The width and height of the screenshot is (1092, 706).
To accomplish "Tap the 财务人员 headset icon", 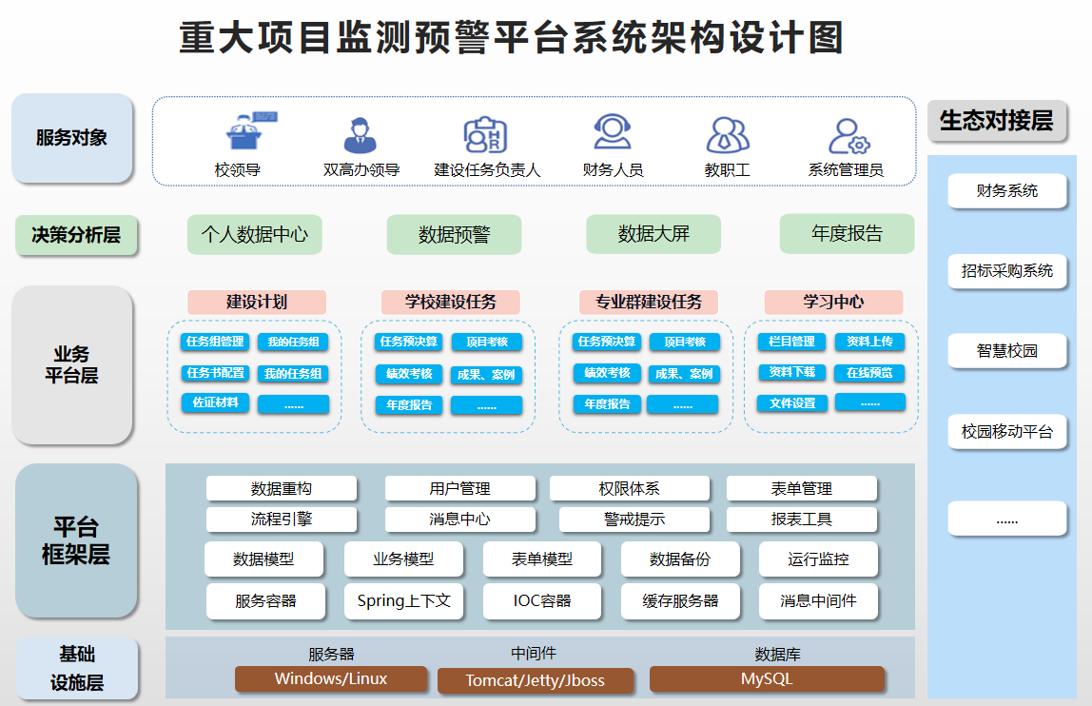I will coord(613,132).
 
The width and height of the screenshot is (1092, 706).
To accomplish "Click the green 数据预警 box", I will coord(454,234).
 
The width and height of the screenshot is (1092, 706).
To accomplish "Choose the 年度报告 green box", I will coord(847,233).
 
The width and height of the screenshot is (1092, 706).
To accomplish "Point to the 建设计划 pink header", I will coord(257,303).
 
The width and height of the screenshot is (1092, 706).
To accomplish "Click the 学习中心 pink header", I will coord(833,303).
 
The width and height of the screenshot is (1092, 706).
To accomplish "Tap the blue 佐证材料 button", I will coord(215,402).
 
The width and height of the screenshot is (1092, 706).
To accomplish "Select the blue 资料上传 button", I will coord(869,342).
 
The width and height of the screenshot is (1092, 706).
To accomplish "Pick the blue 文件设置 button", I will coord(791,402).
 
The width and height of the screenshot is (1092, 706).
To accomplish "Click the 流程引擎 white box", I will coord(281,520).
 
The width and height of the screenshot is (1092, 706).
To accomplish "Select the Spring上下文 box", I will coord(403,601).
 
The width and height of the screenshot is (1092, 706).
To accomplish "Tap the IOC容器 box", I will coord(542,601).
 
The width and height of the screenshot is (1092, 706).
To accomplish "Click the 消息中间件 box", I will coord(818,601).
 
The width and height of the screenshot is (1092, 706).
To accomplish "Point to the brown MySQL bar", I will coord(767,679).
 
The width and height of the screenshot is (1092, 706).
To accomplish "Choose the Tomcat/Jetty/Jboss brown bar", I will coord(535,681).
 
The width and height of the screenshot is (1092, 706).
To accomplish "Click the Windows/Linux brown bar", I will coord(331,678).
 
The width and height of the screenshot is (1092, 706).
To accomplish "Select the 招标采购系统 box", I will coord(1007,271).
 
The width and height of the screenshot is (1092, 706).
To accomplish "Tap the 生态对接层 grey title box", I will coord(997,121).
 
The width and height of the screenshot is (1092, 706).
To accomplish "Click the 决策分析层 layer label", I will coord(76,235).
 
